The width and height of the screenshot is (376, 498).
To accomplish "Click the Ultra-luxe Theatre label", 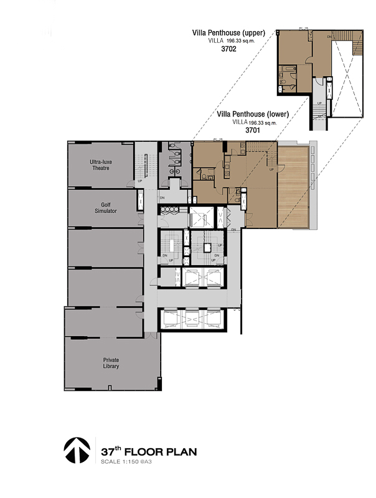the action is [101, 165].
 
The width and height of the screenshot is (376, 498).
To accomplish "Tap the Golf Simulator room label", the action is [106, 208].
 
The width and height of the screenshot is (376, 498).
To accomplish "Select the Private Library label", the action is [111, 363].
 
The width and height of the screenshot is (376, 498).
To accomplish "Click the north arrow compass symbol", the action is [77, 450].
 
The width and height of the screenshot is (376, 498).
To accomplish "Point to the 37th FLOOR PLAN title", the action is [149, 451].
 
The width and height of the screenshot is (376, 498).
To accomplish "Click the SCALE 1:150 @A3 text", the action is [126, 461].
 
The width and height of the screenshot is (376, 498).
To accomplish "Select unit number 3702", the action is [228, 49].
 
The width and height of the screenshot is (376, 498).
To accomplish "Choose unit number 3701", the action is [253, 130].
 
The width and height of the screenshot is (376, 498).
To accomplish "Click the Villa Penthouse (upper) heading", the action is [228, 33].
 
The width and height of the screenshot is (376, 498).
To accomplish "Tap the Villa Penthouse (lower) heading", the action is [253, 114].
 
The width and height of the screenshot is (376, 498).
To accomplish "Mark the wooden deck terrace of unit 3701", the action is [293, 187].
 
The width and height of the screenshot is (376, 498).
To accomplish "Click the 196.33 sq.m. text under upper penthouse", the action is [241, 40].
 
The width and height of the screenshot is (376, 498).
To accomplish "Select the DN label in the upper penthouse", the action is [329, 37].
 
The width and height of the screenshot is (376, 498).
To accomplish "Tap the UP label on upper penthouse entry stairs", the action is [319, 103].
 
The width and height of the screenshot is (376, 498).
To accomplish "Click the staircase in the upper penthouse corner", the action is [357, 43].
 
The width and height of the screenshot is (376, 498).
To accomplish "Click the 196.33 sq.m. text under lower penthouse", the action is [263, 123].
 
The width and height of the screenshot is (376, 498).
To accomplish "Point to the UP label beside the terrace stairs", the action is [271, 169].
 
